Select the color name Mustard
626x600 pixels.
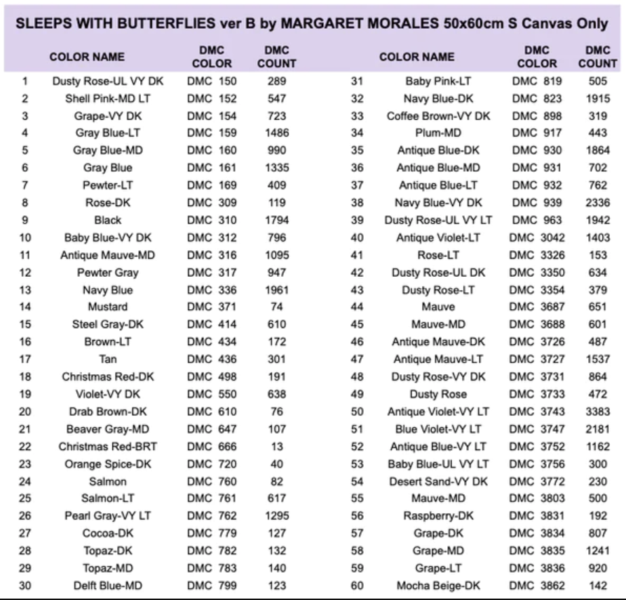tap(108, 307)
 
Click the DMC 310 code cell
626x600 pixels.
tap(212, 220)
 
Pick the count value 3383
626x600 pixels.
tap(598, 411)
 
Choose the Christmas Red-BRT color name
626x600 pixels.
tap(108, 446)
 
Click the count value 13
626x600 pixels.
tap(276, 446)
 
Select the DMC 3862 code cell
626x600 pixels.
tap(537, 585)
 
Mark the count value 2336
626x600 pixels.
tap(598, 203)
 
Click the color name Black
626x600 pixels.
tap(108, 220)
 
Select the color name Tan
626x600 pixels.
tap(108, 360)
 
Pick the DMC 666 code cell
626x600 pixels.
tap(212, 446)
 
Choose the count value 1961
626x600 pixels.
tap(276, 290)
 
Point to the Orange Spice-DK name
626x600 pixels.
tap(108, 464)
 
